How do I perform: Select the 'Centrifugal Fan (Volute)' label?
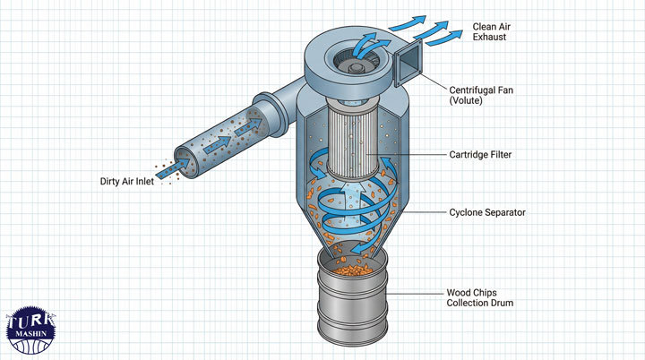[x=482, y=94]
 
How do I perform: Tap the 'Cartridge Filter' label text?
[x=481, y=154]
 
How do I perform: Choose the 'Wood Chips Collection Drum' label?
[x=480, y=297]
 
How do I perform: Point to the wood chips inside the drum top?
[x=355, y=265]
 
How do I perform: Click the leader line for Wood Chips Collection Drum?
[x=417, y=292]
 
